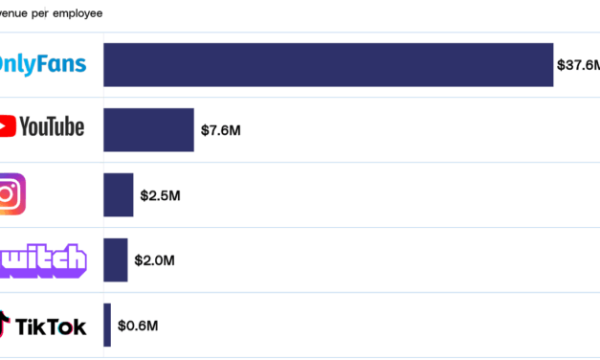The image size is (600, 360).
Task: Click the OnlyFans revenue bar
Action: [328, 65]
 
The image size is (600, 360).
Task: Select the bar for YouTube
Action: [148, 129]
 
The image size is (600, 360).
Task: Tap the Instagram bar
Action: [119, 194]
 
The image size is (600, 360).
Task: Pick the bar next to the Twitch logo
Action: [116, 259]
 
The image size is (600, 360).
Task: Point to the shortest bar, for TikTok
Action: [107, 325]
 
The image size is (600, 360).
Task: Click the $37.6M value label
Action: [578, 65]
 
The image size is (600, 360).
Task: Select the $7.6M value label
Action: [220, 130]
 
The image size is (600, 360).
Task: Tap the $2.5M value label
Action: [160, 195]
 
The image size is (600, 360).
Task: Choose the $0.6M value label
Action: [138, 326]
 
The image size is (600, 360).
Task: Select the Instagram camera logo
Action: [11, 194]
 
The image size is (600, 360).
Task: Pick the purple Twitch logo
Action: [42, 259]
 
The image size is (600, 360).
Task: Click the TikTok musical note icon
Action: [7, 324]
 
